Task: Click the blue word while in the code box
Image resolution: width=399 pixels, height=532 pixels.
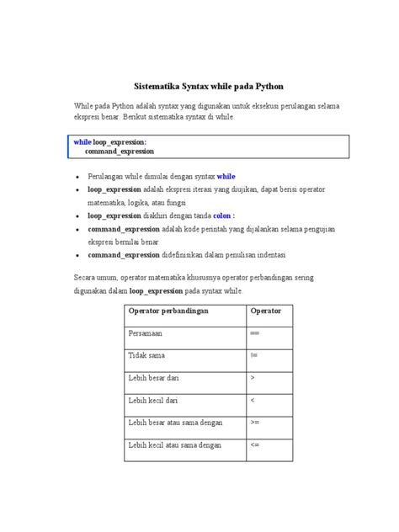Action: point(82,142)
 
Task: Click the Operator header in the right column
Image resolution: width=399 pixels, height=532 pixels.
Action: point(265,311)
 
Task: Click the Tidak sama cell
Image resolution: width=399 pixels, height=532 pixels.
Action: point(146,356)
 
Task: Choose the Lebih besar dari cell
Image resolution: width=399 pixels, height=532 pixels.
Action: point(151,379)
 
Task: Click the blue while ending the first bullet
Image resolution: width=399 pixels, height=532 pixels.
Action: point(226,178)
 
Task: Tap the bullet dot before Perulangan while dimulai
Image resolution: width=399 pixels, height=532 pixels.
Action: point(77,178)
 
